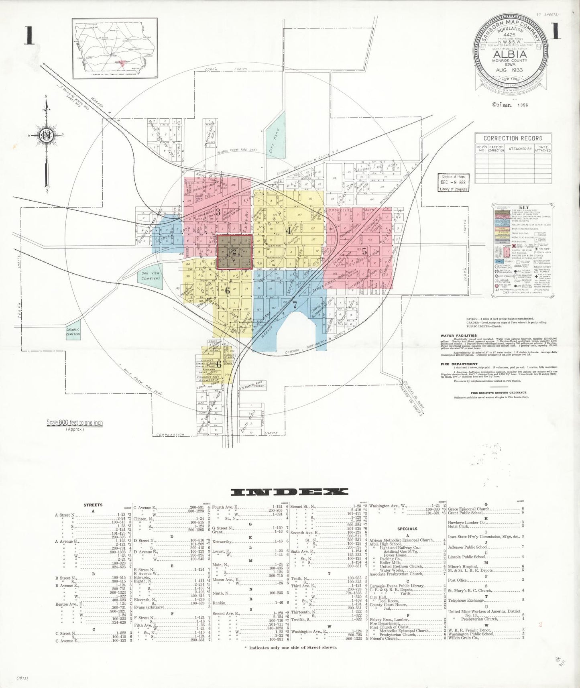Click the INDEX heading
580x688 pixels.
(290, 492)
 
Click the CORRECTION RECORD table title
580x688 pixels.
(513, 138)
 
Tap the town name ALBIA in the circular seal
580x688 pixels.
(510, 54)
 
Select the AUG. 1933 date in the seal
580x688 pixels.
(509, 70)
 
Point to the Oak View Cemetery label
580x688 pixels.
(150, 276)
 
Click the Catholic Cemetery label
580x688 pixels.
(73, 332)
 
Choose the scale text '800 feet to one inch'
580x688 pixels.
(75, 423)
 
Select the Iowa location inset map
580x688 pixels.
(115, 48)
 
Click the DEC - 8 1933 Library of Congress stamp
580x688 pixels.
(452, 183)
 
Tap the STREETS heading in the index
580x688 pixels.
(93, 505)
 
